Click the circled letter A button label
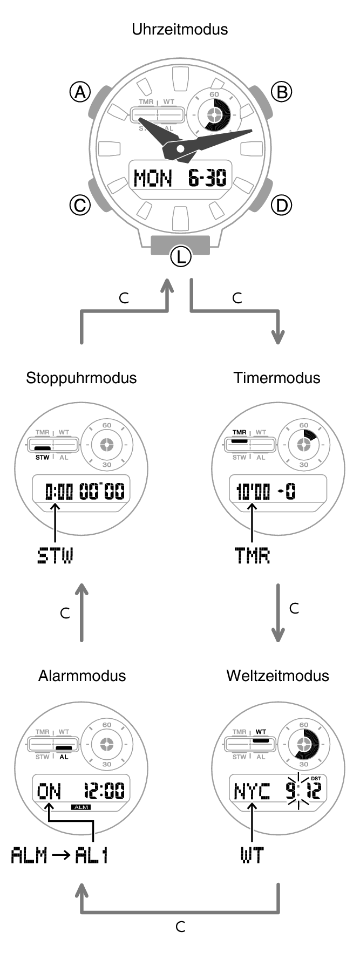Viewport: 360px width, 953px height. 80,92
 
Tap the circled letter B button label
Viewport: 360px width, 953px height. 281,92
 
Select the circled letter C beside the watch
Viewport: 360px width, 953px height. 80,205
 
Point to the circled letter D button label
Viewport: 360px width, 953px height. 281,205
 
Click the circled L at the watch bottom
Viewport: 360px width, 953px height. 180,256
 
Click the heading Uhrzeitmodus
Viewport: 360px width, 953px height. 180,29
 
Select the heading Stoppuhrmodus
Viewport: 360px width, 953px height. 81,378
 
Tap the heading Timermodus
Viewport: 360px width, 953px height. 277,378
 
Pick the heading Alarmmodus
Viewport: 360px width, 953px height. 82,676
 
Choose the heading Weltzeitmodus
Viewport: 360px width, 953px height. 277,676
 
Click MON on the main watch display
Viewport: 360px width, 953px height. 153,178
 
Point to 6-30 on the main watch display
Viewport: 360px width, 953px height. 207,178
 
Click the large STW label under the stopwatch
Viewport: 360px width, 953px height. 55,556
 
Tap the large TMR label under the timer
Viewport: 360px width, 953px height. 252,556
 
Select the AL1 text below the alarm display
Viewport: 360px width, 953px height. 91,855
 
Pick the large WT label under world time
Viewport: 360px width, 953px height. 252,855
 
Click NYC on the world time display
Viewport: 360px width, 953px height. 252,792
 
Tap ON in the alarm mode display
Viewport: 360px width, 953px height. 49,792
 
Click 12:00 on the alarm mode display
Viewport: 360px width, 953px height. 104,792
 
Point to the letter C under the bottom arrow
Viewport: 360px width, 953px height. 180,927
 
